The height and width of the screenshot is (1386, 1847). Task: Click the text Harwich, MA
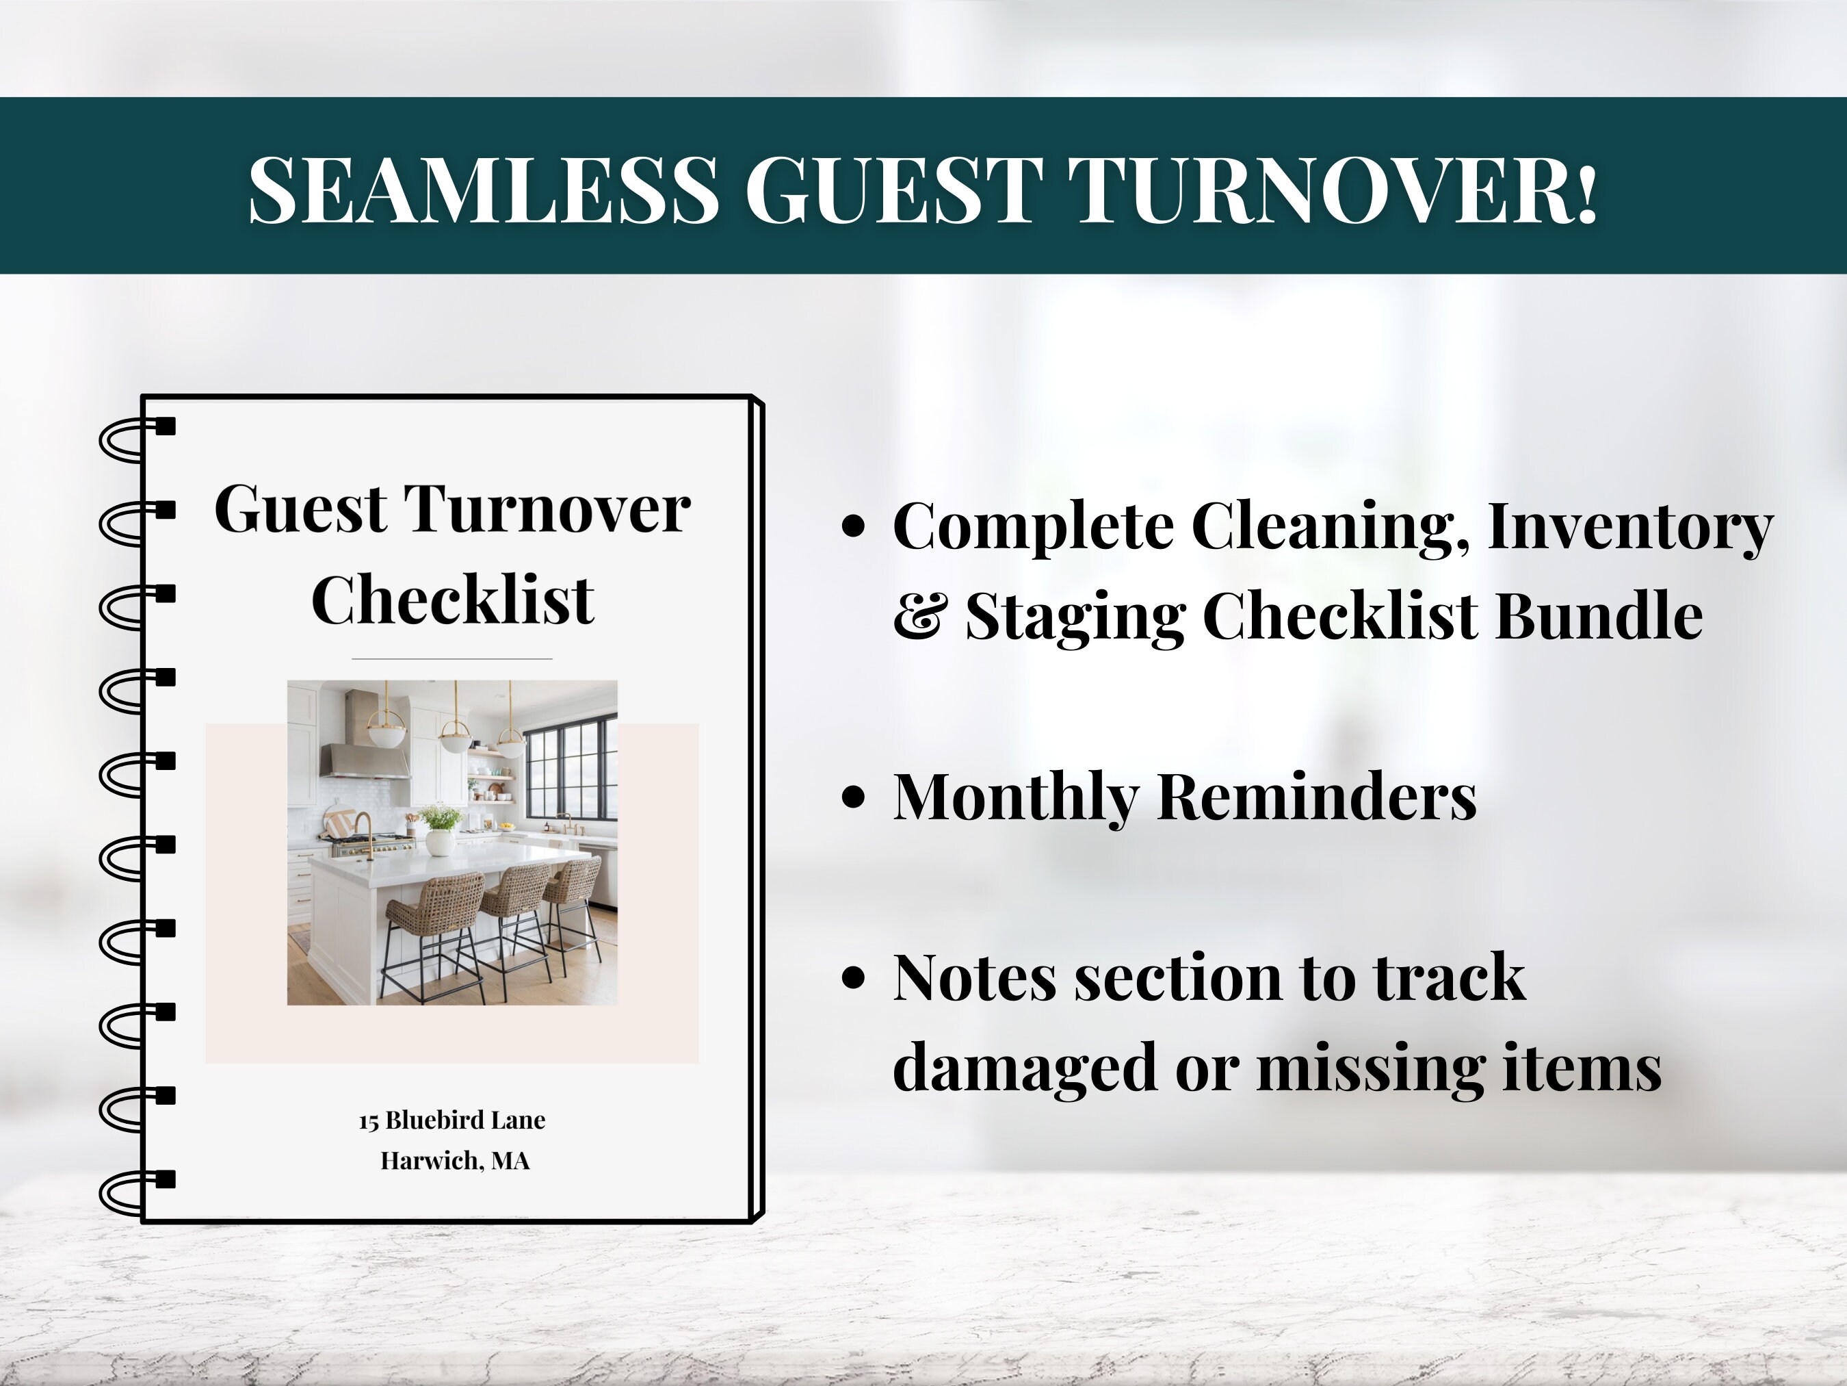click(455, 1160)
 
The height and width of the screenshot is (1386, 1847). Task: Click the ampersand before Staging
click(920, 616)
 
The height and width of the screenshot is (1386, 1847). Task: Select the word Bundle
click(1598, 616)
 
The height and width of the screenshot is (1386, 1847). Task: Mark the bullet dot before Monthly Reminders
click(852, 798)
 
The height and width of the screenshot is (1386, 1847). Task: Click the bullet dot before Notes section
click(852, 977)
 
